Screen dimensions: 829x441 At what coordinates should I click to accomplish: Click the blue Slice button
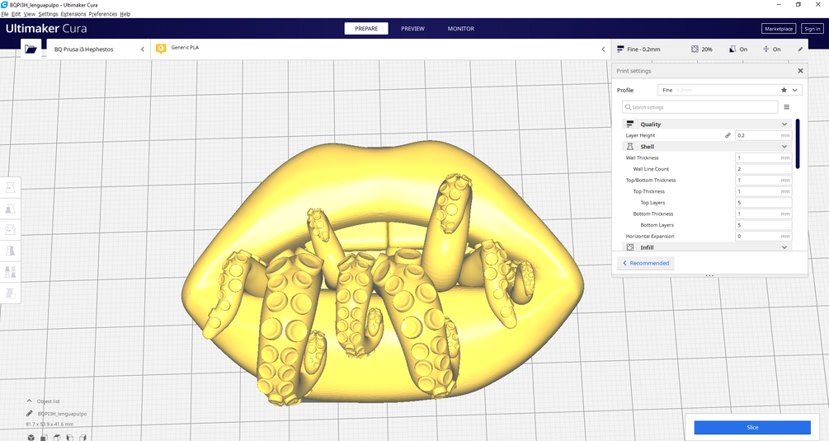coord(752,427)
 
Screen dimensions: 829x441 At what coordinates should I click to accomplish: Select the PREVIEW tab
coord(412,29)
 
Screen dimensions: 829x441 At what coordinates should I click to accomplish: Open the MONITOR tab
coord(461,29)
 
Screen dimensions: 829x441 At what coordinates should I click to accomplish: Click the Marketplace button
coord(779,29)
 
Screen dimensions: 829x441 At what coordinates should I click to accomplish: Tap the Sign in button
coord(812,29)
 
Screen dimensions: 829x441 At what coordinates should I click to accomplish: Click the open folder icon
coord(31,49)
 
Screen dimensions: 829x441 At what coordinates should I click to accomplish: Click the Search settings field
coord(699,107)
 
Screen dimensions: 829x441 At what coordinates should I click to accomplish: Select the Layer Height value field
coord(764,135)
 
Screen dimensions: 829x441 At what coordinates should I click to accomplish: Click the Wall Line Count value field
coord(764,169)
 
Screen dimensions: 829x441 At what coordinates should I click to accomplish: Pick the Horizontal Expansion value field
coord(764,236)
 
